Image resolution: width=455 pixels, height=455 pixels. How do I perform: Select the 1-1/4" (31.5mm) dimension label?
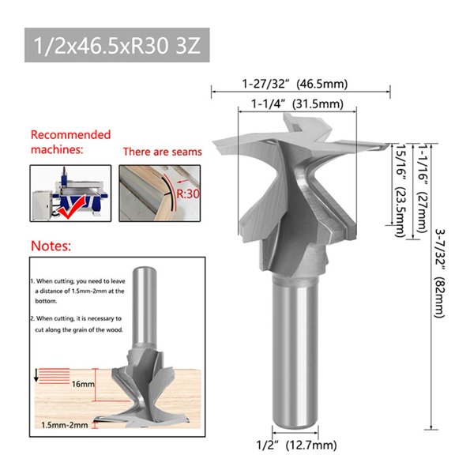(297, 104)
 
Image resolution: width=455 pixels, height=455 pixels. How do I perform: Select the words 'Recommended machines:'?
(70, 141)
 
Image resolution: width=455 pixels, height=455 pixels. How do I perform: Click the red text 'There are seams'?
(162, 151)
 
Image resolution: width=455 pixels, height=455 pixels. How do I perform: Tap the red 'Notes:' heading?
(51, 246)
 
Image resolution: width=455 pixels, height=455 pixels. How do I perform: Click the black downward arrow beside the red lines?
(36, 375)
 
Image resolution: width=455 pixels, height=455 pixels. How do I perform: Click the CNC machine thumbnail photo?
(70, 192)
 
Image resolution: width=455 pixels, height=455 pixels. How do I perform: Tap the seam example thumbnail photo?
(161, 192)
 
